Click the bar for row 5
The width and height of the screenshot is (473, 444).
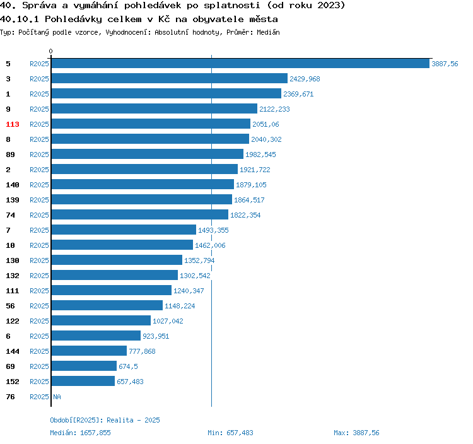coord(240,64)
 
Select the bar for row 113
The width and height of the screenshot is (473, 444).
coord(151,124)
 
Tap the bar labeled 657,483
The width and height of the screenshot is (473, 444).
coord(83,382)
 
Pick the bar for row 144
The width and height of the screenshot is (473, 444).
coord(89,351)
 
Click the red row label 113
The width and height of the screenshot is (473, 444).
coord(13,124)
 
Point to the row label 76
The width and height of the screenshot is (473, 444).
coord(10,397)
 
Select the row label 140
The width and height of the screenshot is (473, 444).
coord(13,185)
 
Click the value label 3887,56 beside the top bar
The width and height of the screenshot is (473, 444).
coord(445,64)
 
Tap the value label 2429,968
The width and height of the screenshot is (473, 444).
coord(305,79)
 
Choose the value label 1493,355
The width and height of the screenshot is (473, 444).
coord(213,230)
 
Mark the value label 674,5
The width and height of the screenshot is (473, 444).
coord(129,366)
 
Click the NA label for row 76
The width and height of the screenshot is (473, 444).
coord(57,397)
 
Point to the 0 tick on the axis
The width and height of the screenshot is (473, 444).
coord(51,51)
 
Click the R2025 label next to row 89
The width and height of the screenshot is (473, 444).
coord(39,155)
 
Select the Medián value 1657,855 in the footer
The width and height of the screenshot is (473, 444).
coord(95,433)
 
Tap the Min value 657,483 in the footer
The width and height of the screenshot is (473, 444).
coord(239,433)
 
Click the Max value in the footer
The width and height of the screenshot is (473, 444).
coord(366,433)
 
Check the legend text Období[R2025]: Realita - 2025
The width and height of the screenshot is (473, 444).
coord(105,420)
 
